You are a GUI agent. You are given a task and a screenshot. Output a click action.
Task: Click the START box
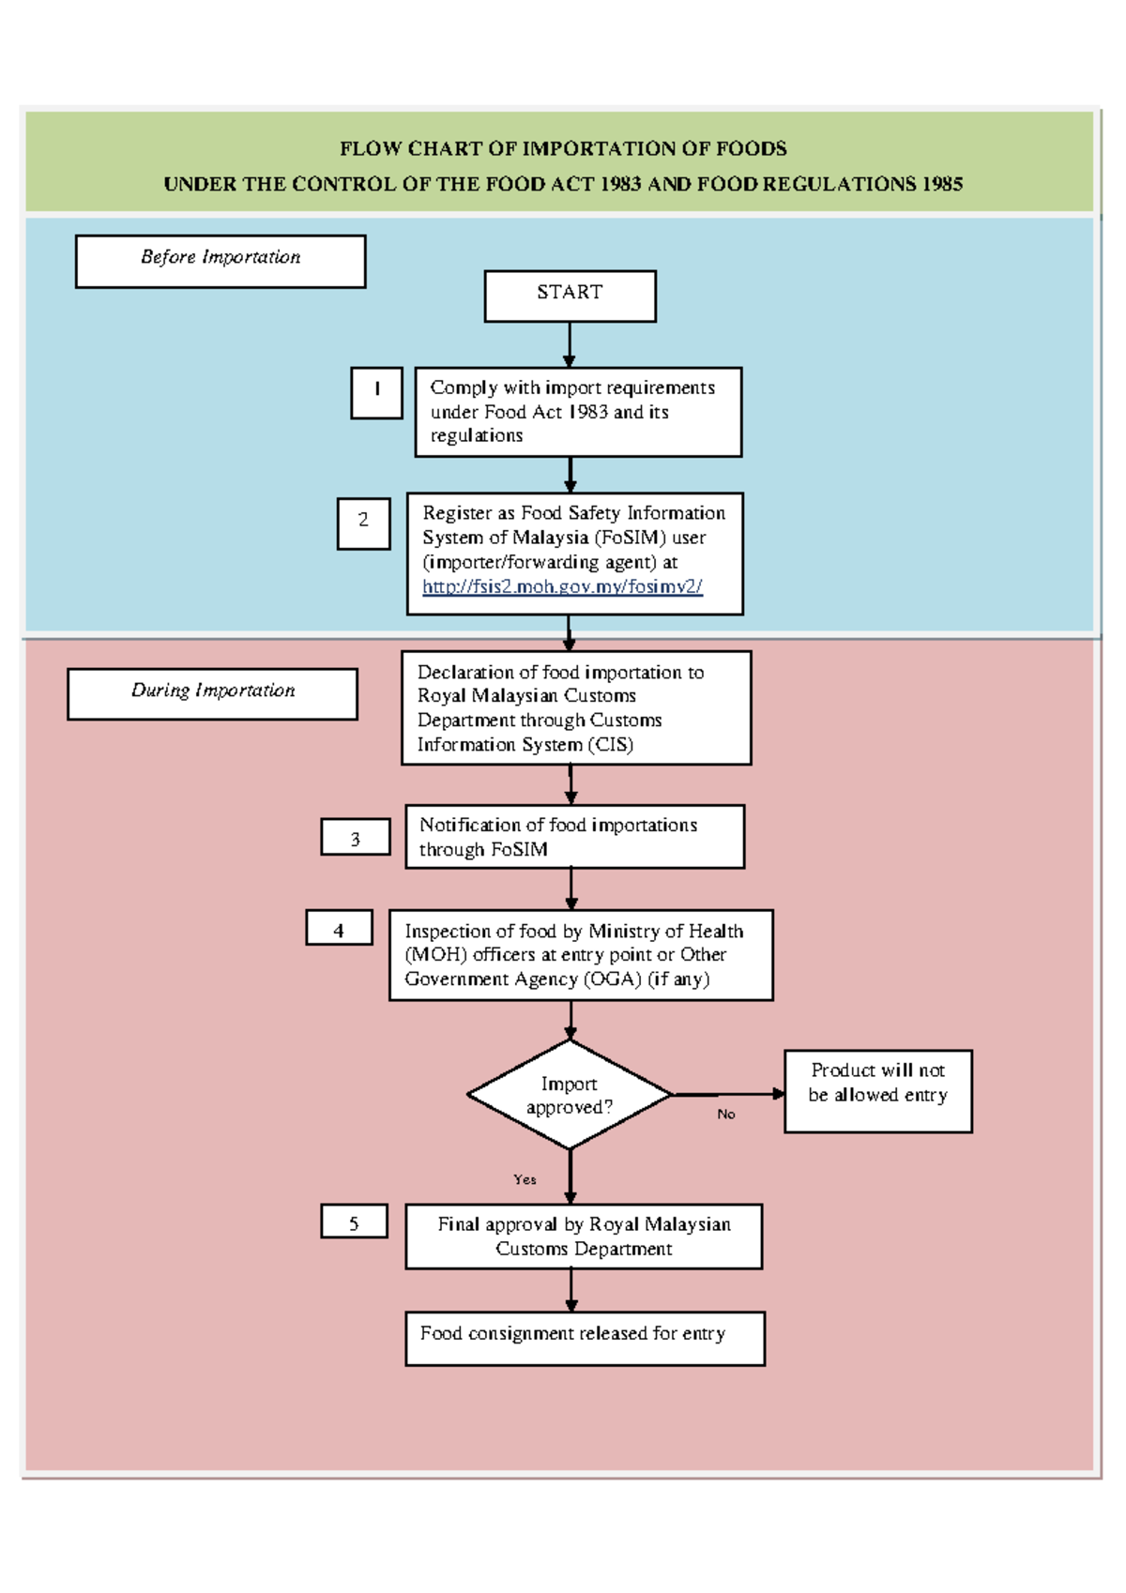tap(570, 296)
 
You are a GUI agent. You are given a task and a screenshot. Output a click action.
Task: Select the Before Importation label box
tap(221, 261)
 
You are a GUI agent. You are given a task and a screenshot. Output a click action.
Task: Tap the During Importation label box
tap(212, 693)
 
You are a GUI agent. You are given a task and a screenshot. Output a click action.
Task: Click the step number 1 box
tap(376, 392)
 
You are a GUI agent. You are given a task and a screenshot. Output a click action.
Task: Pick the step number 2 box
tap(363, 523)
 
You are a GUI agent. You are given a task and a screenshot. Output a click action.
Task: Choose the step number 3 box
tap(356, 838)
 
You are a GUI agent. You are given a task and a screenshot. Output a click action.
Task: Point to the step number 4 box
tap(339, 928)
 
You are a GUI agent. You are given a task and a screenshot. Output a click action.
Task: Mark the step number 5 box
tap(354, 1221)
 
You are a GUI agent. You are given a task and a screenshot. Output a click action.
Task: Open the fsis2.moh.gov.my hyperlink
tap(562, 586)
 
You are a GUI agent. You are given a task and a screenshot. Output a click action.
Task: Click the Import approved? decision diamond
tap(570, 1095)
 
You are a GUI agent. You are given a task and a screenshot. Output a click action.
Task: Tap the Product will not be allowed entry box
tap(877, 1091)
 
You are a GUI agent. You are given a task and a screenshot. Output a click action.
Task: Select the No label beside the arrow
tap(726, 1114)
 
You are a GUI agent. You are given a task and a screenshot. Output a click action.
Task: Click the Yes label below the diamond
tap(525, 1179)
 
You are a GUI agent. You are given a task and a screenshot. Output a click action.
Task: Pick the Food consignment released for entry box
tap(585, 1338)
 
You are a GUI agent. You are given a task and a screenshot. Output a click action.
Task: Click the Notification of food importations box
tap(574, 836)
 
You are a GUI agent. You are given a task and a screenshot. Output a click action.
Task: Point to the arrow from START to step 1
tap(570, 344)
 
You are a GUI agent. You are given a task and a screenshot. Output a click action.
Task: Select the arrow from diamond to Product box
tap(727, 1094)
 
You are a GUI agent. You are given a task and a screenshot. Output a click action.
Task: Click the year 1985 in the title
tap(942, 184)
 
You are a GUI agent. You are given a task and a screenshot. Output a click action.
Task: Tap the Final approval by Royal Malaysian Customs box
tap(584, 1236)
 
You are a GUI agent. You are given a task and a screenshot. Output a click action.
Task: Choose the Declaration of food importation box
tap(576, 708)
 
